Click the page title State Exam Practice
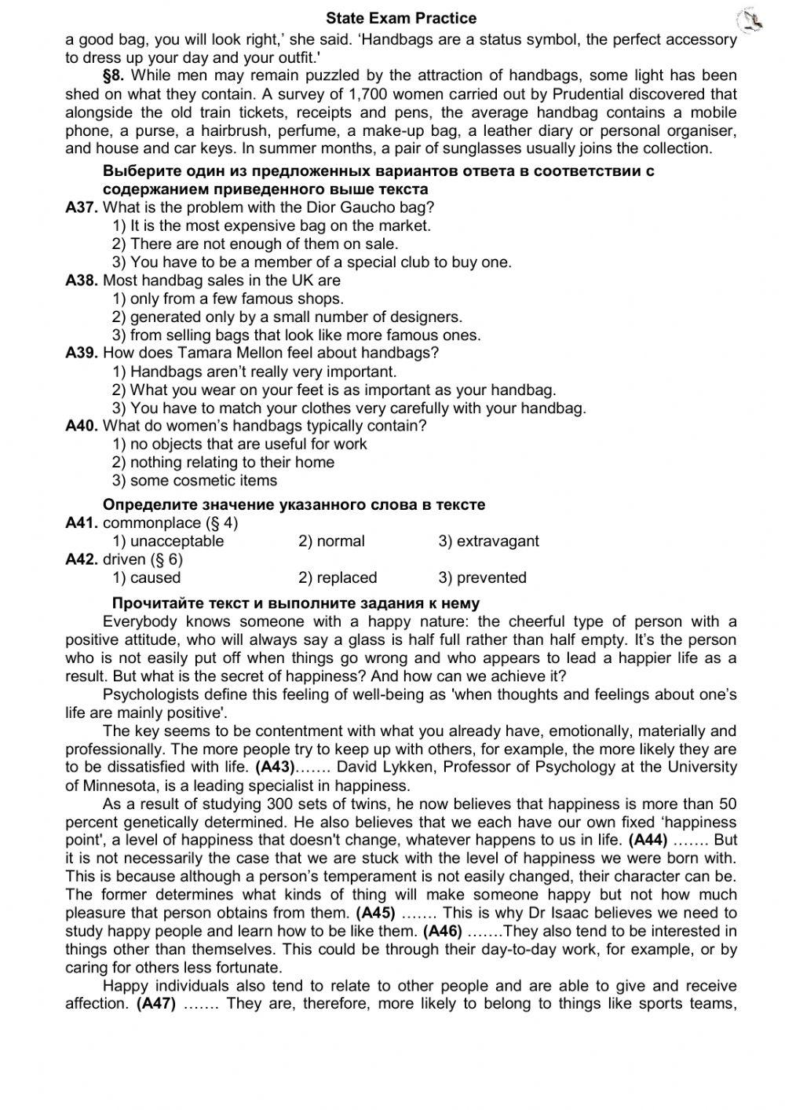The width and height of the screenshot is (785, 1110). [400, 17]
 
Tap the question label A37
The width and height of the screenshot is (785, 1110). [82, 207]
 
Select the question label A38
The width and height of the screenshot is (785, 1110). [82, 280]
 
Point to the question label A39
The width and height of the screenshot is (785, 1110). [82, 353]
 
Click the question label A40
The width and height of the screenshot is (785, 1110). [82, 426]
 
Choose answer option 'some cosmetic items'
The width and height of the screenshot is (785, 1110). [203, 481]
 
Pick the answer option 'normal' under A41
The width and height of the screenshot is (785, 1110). [339, 541]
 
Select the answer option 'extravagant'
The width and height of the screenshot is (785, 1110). [497, 541]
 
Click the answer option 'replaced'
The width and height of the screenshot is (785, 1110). [345, 577]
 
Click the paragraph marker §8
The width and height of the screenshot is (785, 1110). [115, 75]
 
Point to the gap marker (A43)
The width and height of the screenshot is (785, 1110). [275, 767]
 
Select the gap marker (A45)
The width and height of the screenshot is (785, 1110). [375, 913]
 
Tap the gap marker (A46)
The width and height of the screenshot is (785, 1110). [441, 931]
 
